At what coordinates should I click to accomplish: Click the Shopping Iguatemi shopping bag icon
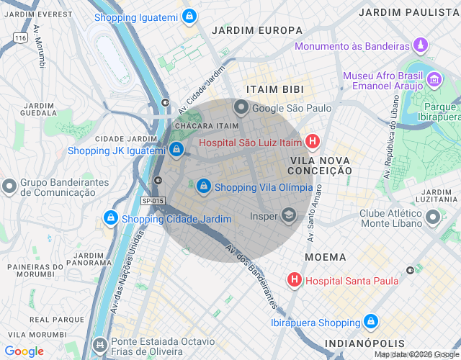189,17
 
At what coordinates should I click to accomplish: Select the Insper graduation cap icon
289,215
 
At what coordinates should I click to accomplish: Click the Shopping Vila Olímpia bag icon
203,186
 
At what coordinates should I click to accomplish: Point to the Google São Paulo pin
241,108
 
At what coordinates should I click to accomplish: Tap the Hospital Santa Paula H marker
295,279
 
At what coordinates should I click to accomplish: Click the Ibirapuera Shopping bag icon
371,322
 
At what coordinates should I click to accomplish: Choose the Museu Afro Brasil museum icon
434,78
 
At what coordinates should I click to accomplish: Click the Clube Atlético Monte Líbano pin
433,217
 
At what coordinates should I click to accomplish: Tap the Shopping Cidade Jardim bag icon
110,217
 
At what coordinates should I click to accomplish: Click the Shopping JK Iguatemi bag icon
176,149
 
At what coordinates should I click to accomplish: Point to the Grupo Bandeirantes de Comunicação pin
9,186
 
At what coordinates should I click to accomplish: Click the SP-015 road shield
152,201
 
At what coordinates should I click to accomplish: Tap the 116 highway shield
20,37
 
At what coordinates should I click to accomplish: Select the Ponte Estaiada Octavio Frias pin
100,344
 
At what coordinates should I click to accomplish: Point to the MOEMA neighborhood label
325,257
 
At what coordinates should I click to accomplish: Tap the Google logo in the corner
24,351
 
